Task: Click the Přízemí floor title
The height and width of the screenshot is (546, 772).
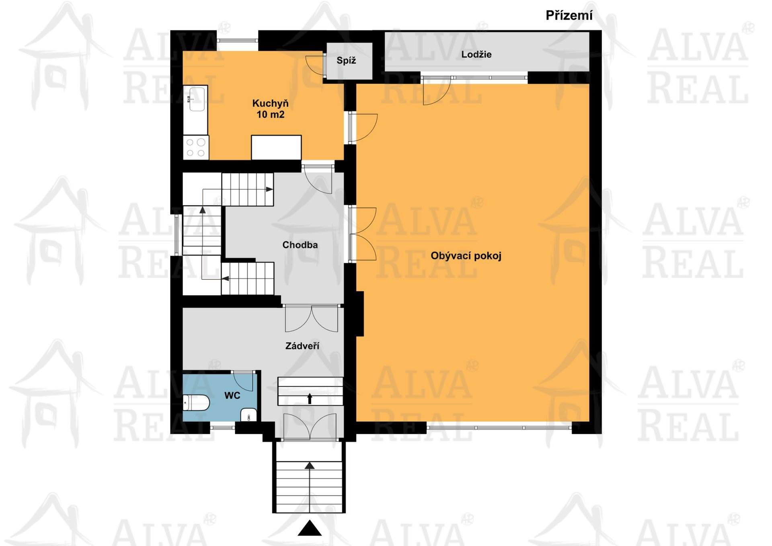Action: click(x=569, y=16)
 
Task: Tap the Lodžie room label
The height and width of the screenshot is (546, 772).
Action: click(x=476, y=54)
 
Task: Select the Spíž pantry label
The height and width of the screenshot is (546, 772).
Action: click(x=346, y=61)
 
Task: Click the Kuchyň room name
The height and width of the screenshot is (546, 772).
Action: click(x=270, y=103)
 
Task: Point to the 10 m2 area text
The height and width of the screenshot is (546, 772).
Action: click(x=270, y=115)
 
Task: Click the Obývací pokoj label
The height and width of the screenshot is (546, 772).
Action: click(x=466, y=256)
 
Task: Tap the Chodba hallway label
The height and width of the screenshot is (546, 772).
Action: click(x=300, y=245)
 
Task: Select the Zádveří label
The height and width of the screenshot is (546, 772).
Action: click(x=302, y=346)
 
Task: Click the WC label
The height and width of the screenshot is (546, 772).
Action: click(x=232, y=396)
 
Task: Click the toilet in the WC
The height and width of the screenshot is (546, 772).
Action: click(x=196, y=403)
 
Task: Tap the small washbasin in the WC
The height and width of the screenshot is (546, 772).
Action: click(x=249, y=415)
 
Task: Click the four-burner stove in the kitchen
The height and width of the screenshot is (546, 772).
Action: click(x=196, y=147)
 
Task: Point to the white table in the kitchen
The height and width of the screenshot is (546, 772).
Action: click(x=276, y=147)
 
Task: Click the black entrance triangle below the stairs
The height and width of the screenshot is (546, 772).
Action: click(x=310, y=528)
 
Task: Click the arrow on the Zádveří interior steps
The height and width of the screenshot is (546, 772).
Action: click(x=310, y=398)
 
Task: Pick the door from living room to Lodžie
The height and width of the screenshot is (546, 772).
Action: click(x=436, y=91)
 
